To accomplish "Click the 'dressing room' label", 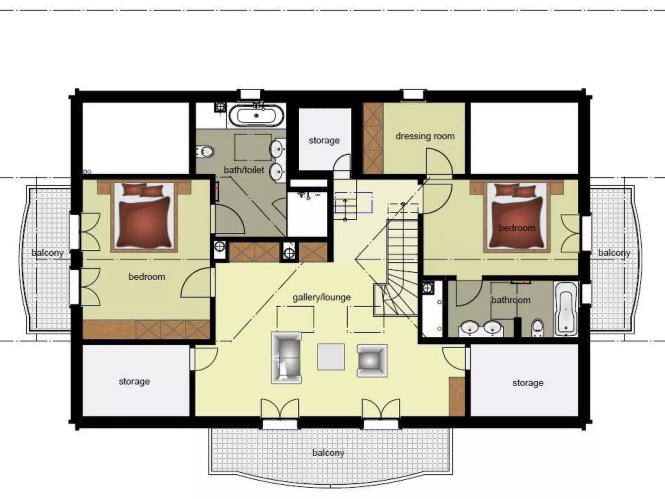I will click(425, 136).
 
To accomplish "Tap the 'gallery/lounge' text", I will click(321, 297).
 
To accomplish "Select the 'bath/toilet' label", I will click(243, 170).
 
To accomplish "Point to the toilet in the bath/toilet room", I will click(205, 152).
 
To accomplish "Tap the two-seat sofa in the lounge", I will click(287, 357).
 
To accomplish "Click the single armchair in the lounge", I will click(372, 360).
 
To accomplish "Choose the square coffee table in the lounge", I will click(331, 357).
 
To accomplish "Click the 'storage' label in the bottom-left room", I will click(134, 381).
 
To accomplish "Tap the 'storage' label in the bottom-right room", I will click(528, 383).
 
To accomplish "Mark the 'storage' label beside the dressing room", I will click(324, 140).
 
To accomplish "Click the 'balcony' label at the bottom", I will click(328, 453).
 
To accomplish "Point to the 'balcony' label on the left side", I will click(48, 253).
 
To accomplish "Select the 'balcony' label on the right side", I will click(614, 253).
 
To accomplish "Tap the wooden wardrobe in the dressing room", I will click(373, 138).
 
